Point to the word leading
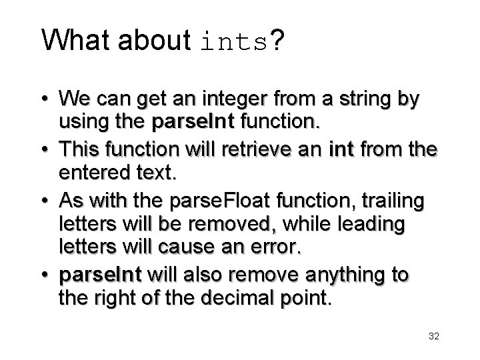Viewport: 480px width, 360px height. (x=369, y=225)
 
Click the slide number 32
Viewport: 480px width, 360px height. (x=433, y=337)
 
